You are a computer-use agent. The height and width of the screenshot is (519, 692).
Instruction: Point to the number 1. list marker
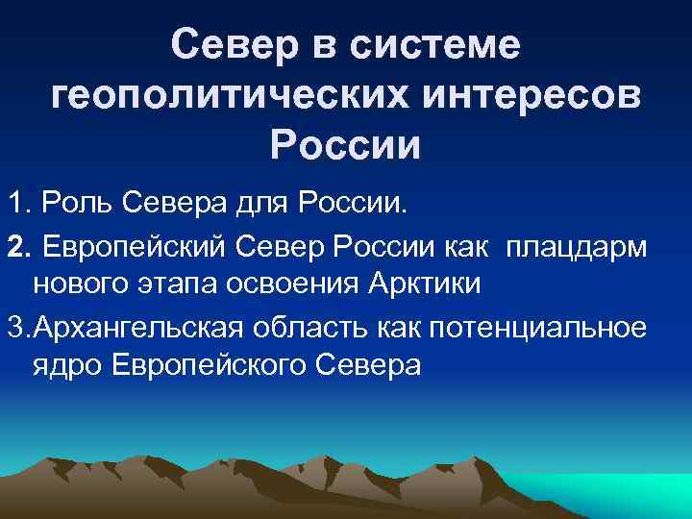click(x=19, y=204)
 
